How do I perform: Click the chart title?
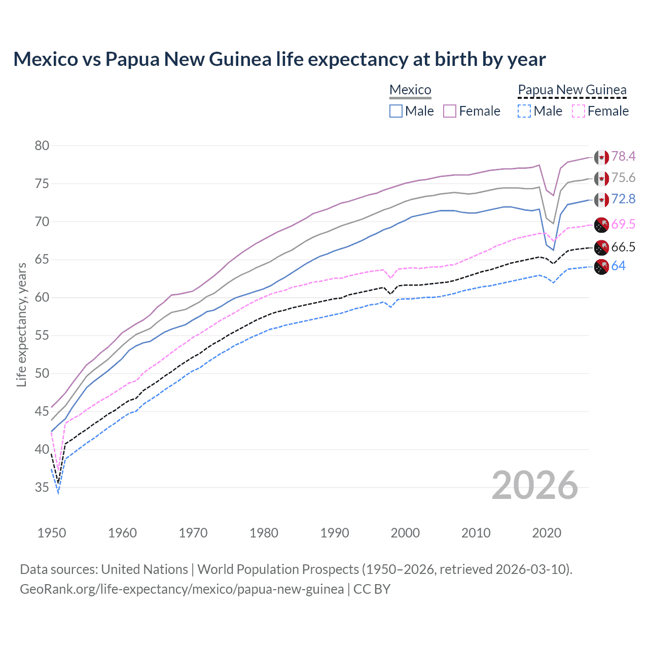pyautogui.click(x=279, y=59)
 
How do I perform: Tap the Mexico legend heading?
pyautogui.click(x=410, y=90)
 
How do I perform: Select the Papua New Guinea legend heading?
pyautogui.click(x=572, y=90)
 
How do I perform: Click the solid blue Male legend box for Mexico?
pyautogui.click(x=396, y=111)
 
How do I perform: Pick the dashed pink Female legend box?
pyautogui.click(x=579, y=111)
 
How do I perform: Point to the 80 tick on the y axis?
pyautogui.click(x=42, y=146)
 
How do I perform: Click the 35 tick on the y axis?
pyautogui.click(x=42, y=488)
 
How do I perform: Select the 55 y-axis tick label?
pyautogui.click(x=42, y=336)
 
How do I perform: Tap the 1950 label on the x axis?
pyautogui.click(x=52, y=533)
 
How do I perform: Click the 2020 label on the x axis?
pyautogui.click(x=547, y=533)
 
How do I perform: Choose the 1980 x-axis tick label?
pyautogui.click(x=264, y=533)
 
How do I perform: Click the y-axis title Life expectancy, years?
pyautogui.click(x=21, y=324)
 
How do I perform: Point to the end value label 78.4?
pyautogui.click(x=623, y=157)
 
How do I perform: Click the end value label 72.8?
pyautogui.click(x=623, y=199)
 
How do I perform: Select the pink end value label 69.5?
pyautogui.click(x=623, y=225)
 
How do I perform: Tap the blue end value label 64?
pyautogui.click(x=618, y=266)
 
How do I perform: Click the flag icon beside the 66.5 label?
pyautogui.click(x=601, y=247)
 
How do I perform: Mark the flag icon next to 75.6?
pyautogui.click(x=601, y=178)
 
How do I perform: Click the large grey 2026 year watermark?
pyautogui.click(x=534, y=485)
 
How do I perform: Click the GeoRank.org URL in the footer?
pyautogui.click(x=182, y=589)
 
